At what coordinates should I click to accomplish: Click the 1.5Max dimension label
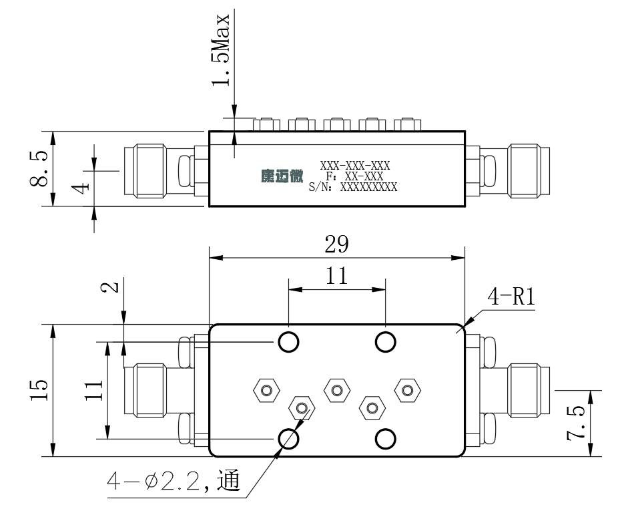pyautogui.click(x=221, y=50)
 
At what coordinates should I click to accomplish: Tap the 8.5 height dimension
pyautogui.click(x=39, y=168)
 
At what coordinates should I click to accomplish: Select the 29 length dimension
pyautogui.click(x=336, y=244)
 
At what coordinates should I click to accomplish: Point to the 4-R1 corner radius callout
pyautogui.click(x=511, y=297)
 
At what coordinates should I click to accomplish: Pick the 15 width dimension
pyautogui.click(x=39, y=390)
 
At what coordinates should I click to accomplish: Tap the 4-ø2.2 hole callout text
pyautogui.click(x=174, y=481)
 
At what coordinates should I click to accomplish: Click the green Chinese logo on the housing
pyautogui.click(x=282, y=176)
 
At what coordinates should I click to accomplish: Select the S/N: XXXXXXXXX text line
pyautogui.click(x=353, y=187)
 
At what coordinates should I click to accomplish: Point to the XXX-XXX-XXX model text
pyautogui.click(x=355, y=166)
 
